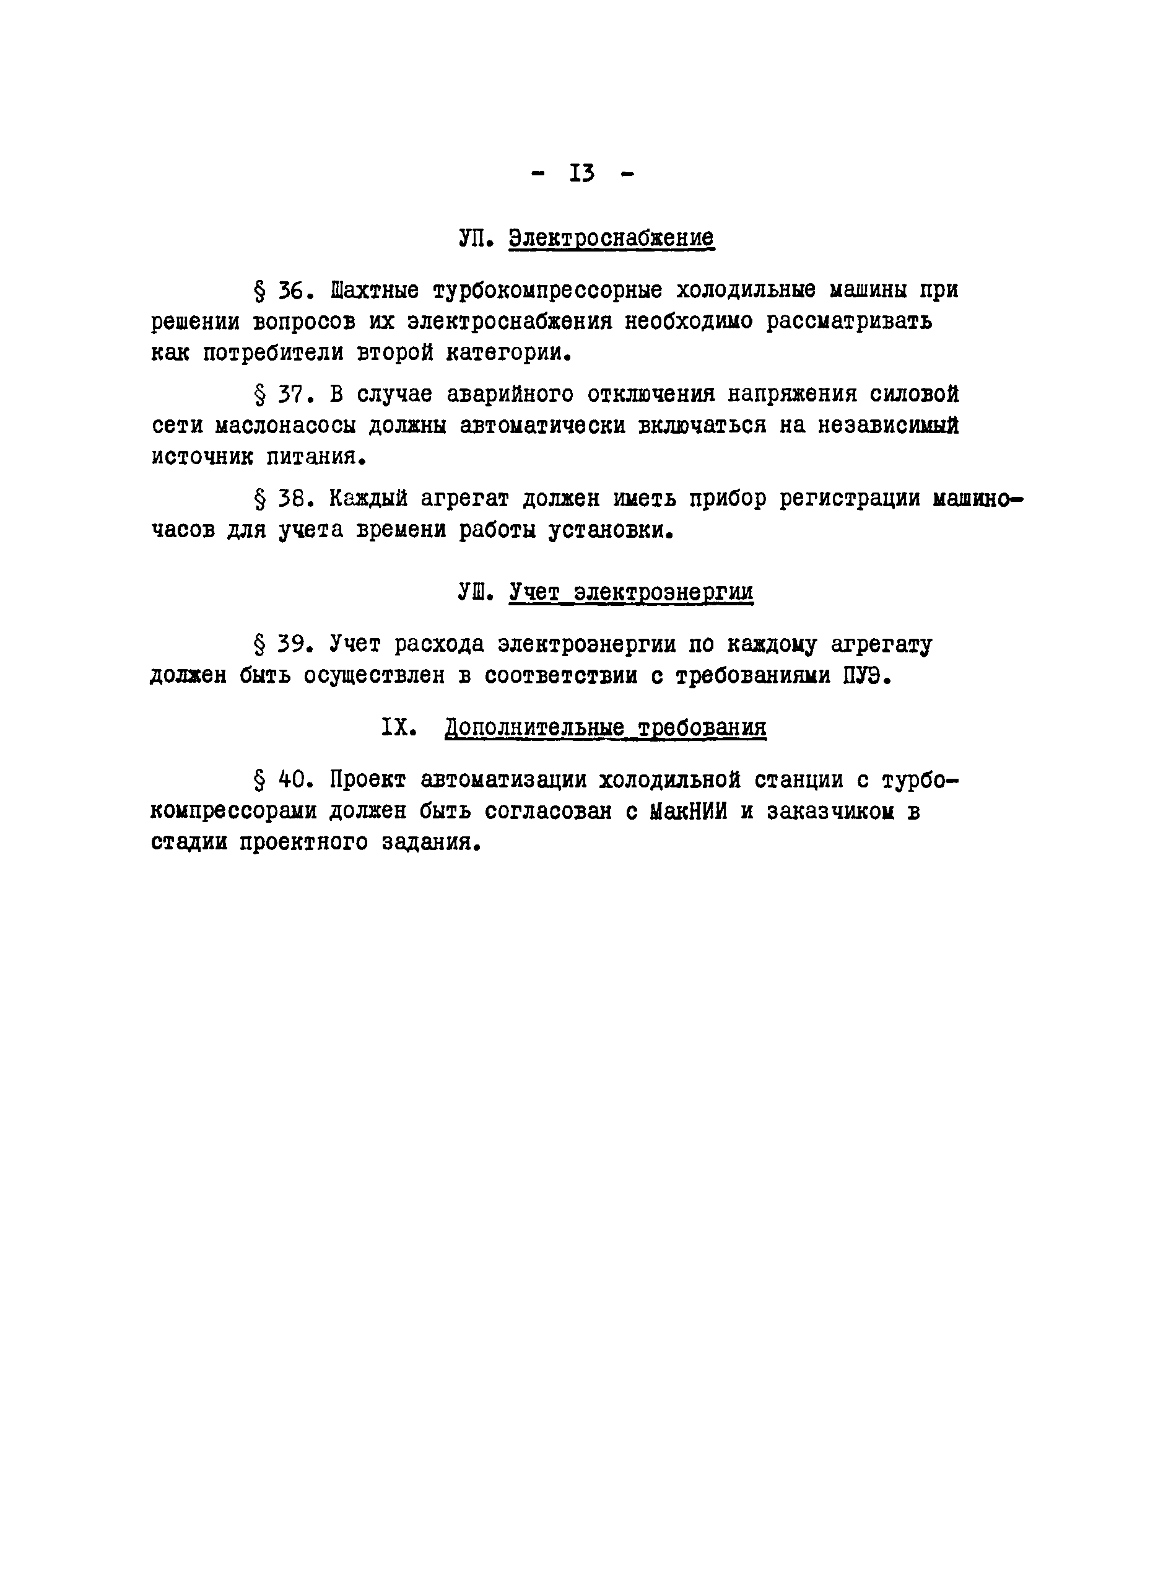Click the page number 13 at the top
click(x=582, y=173)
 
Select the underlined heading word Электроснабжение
click(x=611, y=237)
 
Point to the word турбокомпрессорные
click(x=547, y=291)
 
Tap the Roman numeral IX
click(x=398, y=727)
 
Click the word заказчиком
click(x=829, y=812)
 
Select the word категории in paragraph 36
click(x=507, y=353)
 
